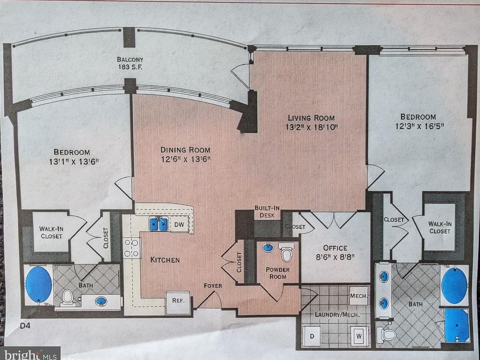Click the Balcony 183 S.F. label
(x=130, y=63)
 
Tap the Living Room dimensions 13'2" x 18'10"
(x=312, y=127)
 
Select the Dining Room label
(x=185, y=150)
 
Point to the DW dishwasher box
(x=179, y=224)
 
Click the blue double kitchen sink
(x=159, y=224)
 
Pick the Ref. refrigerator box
(x=178, y=301)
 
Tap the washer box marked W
(x=359, y=336)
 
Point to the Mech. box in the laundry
(x=358, y=295)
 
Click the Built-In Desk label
(x=267, y=212)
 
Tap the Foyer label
(x=213, y=286)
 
